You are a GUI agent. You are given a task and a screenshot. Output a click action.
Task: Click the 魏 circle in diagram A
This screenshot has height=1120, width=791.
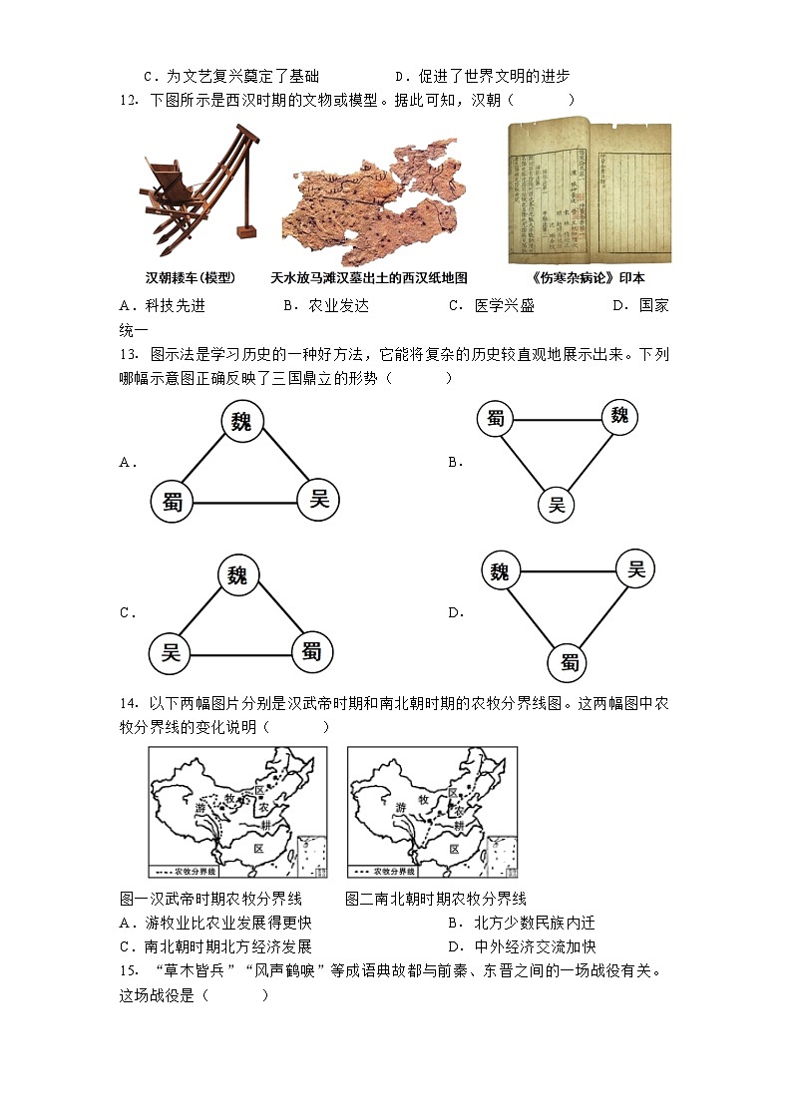pos(241,421)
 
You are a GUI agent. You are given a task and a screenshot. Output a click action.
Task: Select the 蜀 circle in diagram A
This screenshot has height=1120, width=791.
pos(173,502)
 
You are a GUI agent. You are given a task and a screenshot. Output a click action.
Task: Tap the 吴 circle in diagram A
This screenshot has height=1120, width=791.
pos(319,499)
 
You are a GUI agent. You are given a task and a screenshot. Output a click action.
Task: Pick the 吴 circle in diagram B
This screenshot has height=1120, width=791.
pos(557,504)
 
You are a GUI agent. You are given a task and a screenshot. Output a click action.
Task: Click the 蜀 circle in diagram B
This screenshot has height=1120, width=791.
pos(497,419)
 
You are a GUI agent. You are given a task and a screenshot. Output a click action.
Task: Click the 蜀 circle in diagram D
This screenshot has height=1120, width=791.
pos(570,661)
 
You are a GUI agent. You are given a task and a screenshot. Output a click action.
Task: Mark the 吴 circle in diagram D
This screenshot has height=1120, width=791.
pos(636,569)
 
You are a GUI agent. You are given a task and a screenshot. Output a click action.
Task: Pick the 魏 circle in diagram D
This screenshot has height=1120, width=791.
pos(501,571)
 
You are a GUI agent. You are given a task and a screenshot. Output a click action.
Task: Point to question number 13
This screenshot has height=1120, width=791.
pos(127,354)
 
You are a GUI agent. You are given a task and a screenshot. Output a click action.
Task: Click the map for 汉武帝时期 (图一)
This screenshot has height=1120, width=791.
pos(238,813)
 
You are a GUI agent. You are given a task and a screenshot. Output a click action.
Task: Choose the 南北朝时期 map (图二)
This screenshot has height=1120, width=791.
pos(432,813)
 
